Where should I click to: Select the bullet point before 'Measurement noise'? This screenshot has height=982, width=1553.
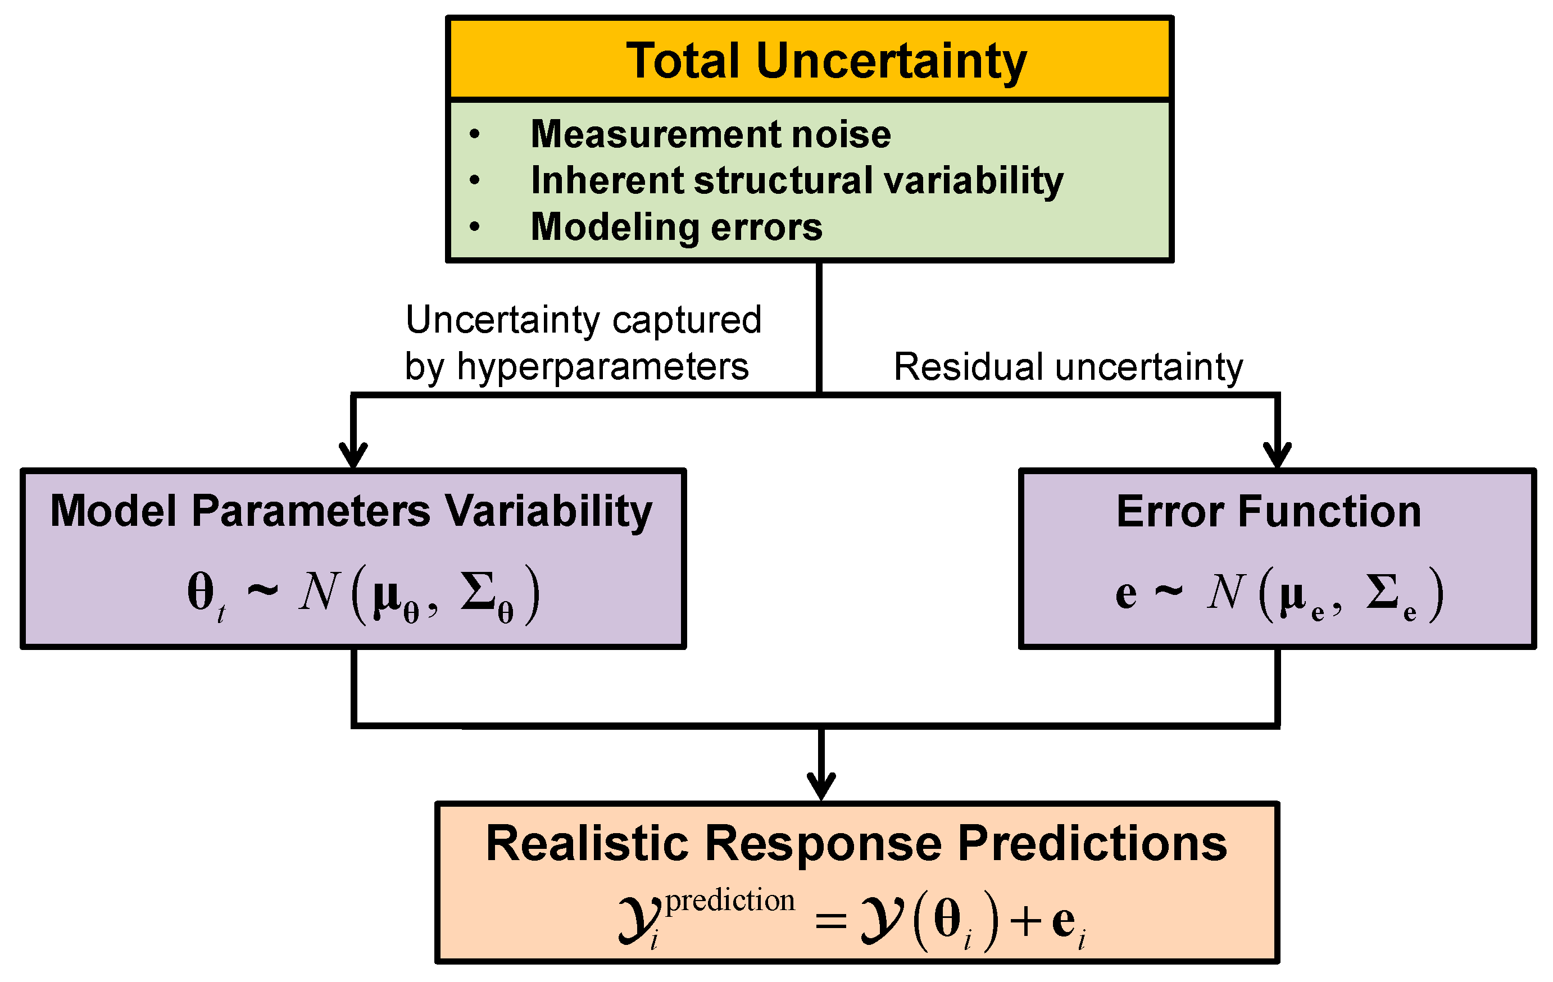point(475,134)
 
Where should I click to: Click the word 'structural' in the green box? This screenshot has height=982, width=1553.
point(784,180)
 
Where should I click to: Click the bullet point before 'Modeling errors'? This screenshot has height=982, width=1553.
point(475,226)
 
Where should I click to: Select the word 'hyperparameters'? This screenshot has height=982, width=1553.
point(602,367)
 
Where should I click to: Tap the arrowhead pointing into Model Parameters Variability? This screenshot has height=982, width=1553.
point(353,454)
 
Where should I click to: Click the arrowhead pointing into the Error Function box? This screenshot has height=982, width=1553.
point(1277,454)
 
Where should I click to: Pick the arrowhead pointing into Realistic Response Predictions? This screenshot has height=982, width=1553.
point(821,785)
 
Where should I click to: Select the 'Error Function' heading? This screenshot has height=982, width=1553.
point(1269,511)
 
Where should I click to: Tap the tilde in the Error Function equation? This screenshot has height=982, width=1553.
point(1169,590)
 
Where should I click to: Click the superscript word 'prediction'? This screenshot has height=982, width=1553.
point(730,900)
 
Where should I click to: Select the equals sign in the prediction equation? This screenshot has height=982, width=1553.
point(830,921)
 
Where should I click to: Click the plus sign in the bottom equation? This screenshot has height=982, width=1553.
point(1026,921)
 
